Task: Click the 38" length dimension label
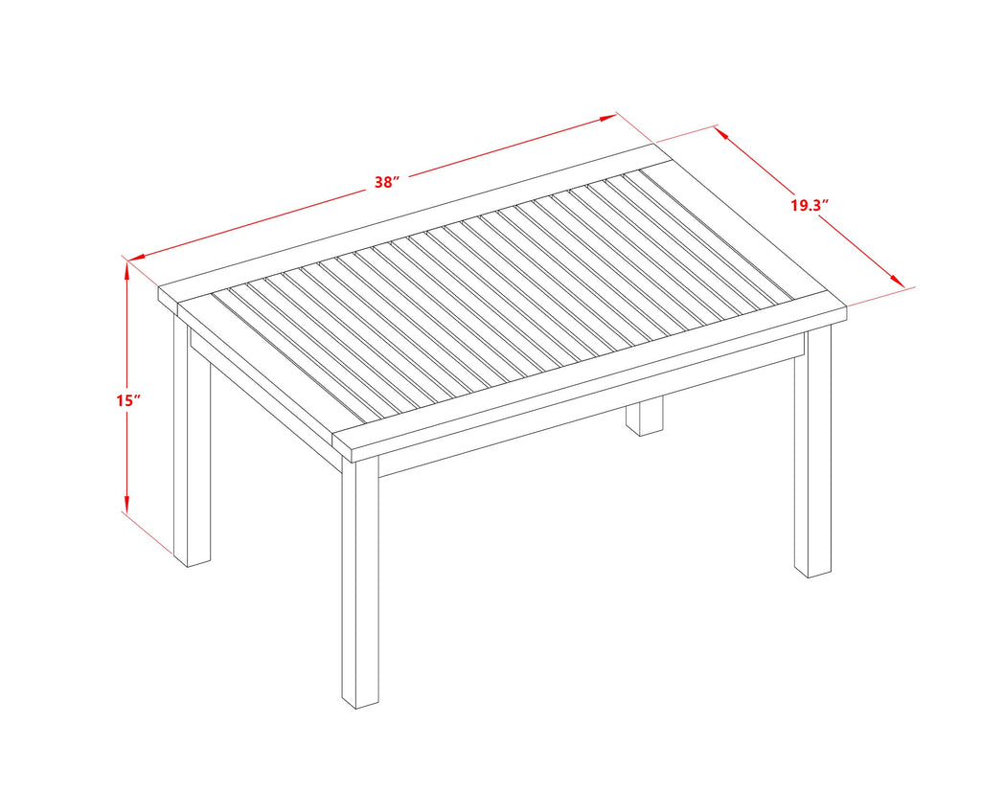tap(387, 182)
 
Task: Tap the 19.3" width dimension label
tap(810, 205)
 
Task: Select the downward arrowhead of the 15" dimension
tap(127, 505)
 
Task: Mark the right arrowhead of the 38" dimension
tap(608, 118)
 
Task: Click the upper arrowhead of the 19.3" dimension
tap(721, 133)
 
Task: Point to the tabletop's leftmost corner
tap(158, 287)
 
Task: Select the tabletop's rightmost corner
tap(847, 305)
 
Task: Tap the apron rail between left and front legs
tap(266, 397)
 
